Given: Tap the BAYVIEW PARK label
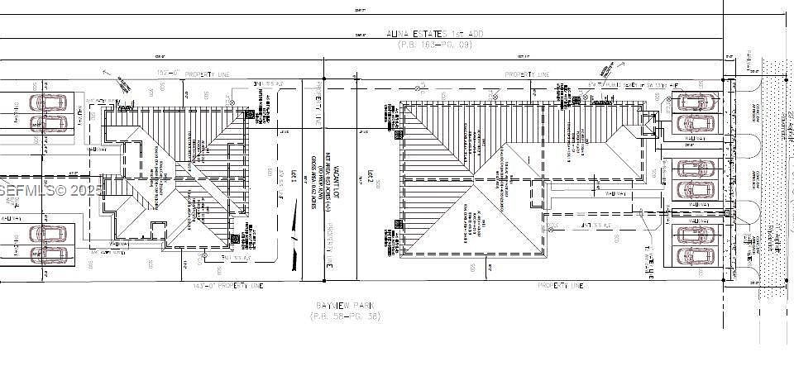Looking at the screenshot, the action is (x=344, y=306).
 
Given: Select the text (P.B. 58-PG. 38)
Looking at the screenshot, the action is (x=344, y=317).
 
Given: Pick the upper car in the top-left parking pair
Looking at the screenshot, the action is (x=49, y=103).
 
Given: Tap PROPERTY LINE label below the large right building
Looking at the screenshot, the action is (x=561, y=286).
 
